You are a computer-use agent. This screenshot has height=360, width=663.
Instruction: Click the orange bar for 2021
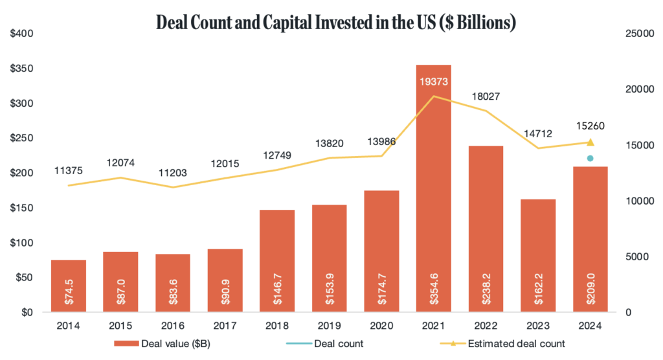click(x=433, y=188)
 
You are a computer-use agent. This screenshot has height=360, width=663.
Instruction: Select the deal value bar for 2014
click(x=69, y=286)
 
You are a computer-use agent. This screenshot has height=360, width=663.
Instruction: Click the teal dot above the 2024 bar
click(x=590, y=159)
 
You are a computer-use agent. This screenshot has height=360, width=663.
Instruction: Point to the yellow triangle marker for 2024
click(x=590, y=142)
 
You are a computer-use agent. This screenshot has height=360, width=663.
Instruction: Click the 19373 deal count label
click(x=433, y=82)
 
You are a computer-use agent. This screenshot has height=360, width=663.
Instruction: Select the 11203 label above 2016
click(x=174, y=172)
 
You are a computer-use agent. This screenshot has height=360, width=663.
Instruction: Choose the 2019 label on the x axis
click(x=330, y=326)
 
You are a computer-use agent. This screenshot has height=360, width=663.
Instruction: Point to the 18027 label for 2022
click(x=486, y=96)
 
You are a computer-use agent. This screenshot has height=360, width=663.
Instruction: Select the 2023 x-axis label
click(x=538, y=326)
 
